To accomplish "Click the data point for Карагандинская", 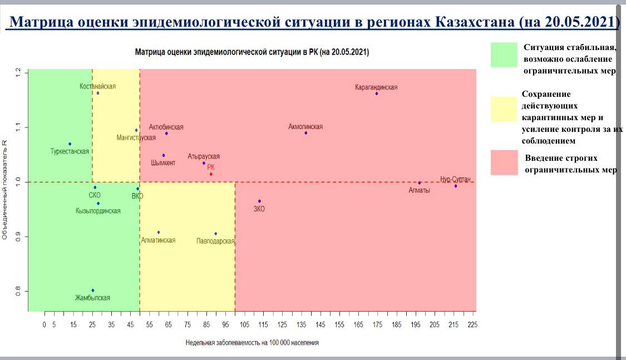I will click(377, 93).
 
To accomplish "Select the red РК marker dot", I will click(211, 174).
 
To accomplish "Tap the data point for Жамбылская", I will click(93, 290).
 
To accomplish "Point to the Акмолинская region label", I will click(305, 127).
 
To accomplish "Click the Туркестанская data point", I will click(70, 144).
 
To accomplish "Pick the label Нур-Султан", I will click(455, 179).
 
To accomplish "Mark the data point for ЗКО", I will click(259, 201).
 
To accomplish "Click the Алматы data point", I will click(419, 183).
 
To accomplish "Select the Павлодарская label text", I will click(215, 241).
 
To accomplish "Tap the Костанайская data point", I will click(98, 93).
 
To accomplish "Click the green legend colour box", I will click(504, 55).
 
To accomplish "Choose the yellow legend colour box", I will click(504, 109).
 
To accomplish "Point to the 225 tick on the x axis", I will click(473, 324).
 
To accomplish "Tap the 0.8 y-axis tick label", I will click(19, 290).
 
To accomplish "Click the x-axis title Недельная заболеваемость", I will click(252, 343).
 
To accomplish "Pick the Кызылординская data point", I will click(98, 203).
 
